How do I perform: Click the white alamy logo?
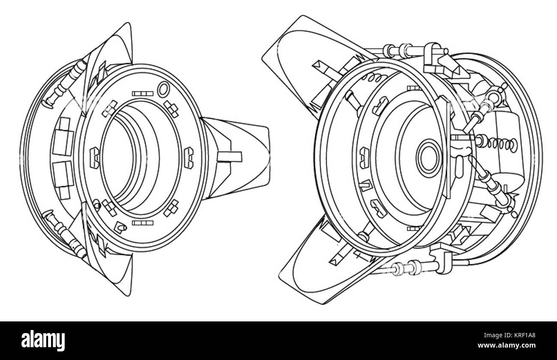pos(43,341)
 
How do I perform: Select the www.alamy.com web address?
pos(506,345)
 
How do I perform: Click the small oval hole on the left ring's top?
pos(164,89)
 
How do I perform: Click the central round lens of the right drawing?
pos(429,158)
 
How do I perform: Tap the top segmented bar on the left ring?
pos(143,93)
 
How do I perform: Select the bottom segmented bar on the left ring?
pos(143,223)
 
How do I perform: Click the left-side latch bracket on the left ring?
pos(95,158)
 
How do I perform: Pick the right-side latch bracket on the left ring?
pos(189,158)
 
